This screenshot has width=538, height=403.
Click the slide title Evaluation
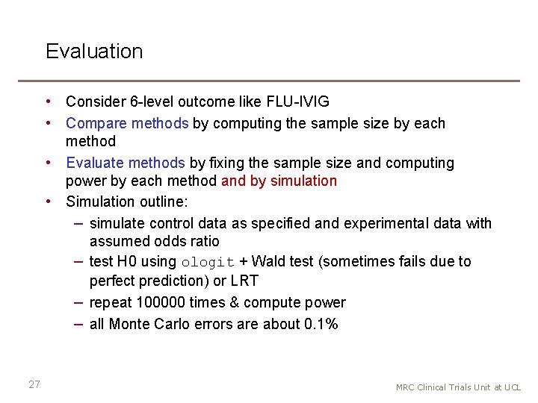click(x=94, y=51)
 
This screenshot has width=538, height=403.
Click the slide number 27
click(x=34, y=384)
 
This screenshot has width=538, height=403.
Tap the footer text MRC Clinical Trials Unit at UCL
click(x=458, y=387)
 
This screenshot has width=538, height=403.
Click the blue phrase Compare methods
click(x=127, y=123)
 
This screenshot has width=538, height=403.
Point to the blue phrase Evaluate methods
click(x=125, y=163)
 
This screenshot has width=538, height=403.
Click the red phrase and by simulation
click(x=279, y=181)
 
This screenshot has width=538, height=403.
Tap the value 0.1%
click(x=321, y=324)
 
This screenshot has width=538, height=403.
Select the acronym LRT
click(x=245, y=281)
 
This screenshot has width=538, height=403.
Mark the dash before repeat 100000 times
click(x=78, y=302)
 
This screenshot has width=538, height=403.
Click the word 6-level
click(x=144, y=101)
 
